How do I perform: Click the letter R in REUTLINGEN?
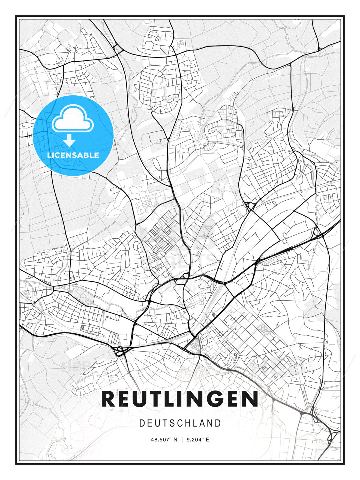click(x=109, y=399)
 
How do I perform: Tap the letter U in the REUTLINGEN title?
click(x=144, y=399)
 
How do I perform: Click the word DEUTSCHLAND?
click(x=180, y=423)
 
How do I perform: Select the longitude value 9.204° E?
click(x=198, y=440)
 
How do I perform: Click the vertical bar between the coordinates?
click(x=182, y=440)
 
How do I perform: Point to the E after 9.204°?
click(x=207, y=440)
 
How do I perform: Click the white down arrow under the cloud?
click(x=69, y=141)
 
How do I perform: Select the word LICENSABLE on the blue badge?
click(x=73, y=155)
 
